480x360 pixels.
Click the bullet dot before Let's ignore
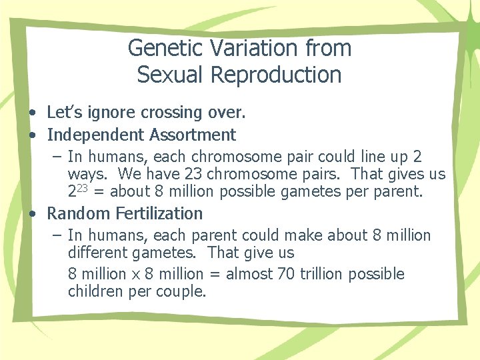(x=32, y=114)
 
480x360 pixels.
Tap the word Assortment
(x=193, y=135)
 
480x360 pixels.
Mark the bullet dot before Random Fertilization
(x=32, y=214)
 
